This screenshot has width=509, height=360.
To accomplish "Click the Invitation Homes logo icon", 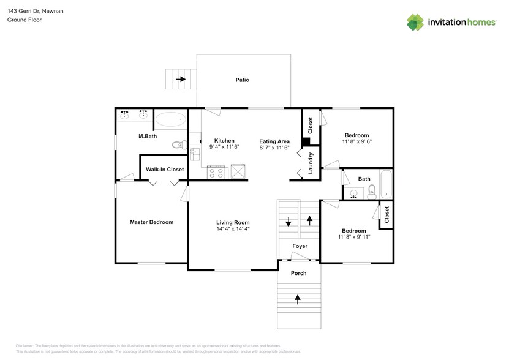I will coord(416,22).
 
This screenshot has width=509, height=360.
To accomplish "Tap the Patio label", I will coord(243,80).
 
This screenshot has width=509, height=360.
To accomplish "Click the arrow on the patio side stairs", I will coord(181,79).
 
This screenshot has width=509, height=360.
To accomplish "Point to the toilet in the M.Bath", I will coord(178,146).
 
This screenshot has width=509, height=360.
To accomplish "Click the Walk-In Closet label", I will coord(164,170).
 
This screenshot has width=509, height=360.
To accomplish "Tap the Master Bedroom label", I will coord(151,222).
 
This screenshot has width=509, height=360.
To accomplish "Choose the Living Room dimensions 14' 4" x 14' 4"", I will coord(233,229).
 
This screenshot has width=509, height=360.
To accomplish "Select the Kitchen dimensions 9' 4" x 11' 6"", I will coord(224,148).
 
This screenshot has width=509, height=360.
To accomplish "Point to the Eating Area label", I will coord(274,141).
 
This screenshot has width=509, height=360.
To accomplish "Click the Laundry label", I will coord(311,163).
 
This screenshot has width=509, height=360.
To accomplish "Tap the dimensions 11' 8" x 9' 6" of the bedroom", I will coord(356,141).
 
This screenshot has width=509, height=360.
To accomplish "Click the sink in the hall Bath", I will coord(353,194).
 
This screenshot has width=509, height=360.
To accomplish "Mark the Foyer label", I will coord(300,246).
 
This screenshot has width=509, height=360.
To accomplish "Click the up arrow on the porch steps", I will coord(299,299).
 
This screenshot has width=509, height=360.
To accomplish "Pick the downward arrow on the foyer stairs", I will coord(288,222).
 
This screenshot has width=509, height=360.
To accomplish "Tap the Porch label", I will coord(298,273).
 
